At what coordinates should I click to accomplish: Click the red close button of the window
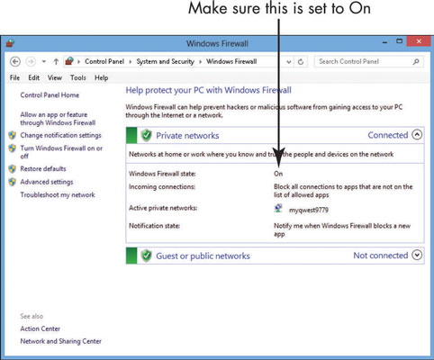419,41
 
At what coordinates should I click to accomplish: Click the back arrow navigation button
15,62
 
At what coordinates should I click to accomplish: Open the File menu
14,77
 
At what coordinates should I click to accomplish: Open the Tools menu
78,77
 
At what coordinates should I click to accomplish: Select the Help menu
102,77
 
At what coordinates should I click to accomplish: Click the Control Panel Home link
50,95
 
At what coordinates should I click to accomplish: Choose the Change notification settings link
61,135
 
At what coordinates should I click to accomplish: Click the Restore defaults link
43,168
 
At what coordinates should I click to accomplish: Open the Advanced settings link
47,182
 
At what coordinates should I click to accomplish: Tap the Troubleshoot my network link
58,194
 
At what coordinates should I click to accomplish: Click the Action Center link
41,328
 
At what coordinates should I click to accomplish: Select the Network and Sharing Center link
61,341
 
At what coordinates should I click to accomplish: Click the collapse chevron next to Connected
417,135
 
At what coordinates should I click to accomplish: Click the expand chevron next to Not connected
417,255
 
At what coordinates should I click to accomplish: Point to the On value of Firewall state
278,174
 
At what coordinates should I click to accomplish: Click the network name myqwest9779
309,210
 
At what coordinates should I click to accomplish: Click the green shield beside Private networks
146,135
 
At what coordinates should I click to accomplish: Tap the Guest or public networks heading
203,256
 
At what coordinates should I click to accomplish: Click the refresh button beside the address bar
301,62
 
